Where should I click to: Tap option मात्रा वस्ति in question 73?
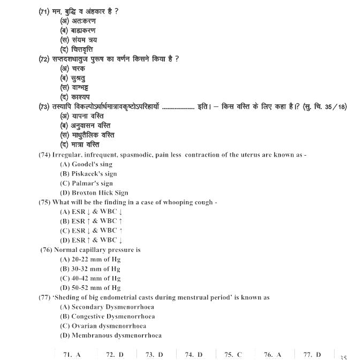coord(80,144)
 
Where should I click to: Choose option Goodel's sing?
coord(86,164)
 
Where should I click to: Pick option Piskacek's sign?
coord(88,174)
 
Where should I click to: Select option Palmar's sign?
coord(86,183)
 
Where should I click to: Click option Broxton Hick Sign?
coord(94,193)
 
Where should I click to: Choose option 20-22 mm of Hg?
coord(90,259)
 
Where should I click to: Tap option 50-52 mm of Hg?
coord(90,288)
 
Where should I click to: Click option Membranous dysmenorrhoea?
coord(110,335)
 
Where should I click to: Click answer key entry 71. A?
coord(72,354)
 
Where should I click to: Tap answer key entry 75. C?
coord(233,354)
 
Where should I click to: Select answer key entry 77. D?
coord(312,354)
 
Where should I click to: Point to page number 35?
coord(343,357)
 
